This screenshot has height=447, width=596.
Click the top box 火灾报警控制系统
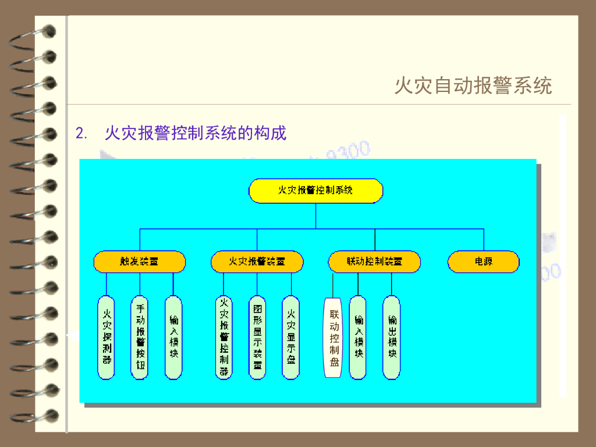(x=316, y=191)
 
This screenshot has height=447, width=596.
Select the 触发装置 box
(x=140, y=262)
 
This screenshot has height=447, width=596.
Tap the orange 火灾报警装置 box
(x=257, y=262)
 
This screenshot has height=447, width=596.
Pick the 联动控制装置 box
(x=374, y=262)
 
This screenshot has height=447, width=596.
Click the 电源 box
(x=483, y=262)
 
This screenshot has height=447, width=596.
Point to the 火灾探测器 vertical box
(x=107, y=338)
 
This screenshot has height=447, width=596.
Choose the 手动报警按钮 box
(x=140, y=338)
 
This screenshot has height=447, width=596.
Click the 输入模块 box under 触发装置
(x=173, y=338)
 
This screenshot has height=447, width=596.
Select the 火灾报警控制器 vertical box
(x=223, y=338)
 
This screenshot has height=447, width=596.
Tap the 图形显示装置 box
(x=257, y=338)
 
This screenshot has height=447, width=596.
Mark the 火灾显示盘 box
(x=291, y=338)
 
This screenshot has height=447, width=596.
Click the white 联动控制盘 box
(x=334, y=338)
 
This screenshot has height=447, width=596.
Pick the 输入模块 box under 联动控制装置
(x=358, y=338)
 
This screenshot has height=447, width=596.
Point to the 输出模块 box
(x=392, y=338)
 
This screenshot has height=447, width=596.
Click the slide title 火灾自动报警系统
(x=473, y=86)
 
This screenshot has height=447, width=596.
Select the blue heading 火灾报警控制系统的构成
(x=196, y=133)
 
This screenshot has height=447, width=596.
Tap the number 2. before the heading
(x=81, y=134)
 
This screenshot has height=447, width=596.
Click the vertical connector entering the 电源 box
(x=484, y=240)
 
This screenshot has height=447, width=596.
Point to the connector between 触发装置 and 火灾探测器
(x=107, y=284)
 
